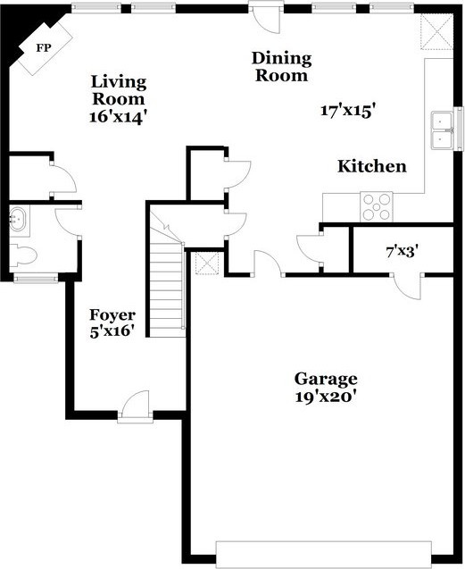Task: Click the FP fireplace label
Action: [44, 48]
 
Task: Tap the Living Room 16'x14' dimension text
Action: [118, 117]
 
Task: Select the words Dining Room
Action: [281, 67]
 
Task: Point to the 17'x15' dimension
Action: [347, 110]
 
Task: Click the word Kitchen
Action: [372, 166]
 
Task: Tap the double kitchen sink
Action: [442, 130]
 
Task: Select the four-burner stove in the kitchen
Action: [376, 207]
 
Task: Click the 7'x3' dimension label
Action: [400, 251]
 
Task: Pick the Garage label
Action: [326, 380]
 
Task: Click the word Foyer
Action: [112, 315]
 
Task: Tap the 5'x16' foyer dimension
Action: [110, 332]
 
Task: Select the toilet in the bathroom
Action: [22, 255]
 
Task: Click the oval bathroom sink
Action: [17, 219]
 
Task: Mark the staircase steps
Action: [167, 287]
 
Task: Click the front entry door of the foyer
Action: [136, 406]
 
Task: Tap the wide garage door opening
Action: [324, 554]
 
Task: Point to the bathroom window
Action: [36, 279]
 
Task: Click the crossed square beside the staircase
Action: [207, 263]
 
